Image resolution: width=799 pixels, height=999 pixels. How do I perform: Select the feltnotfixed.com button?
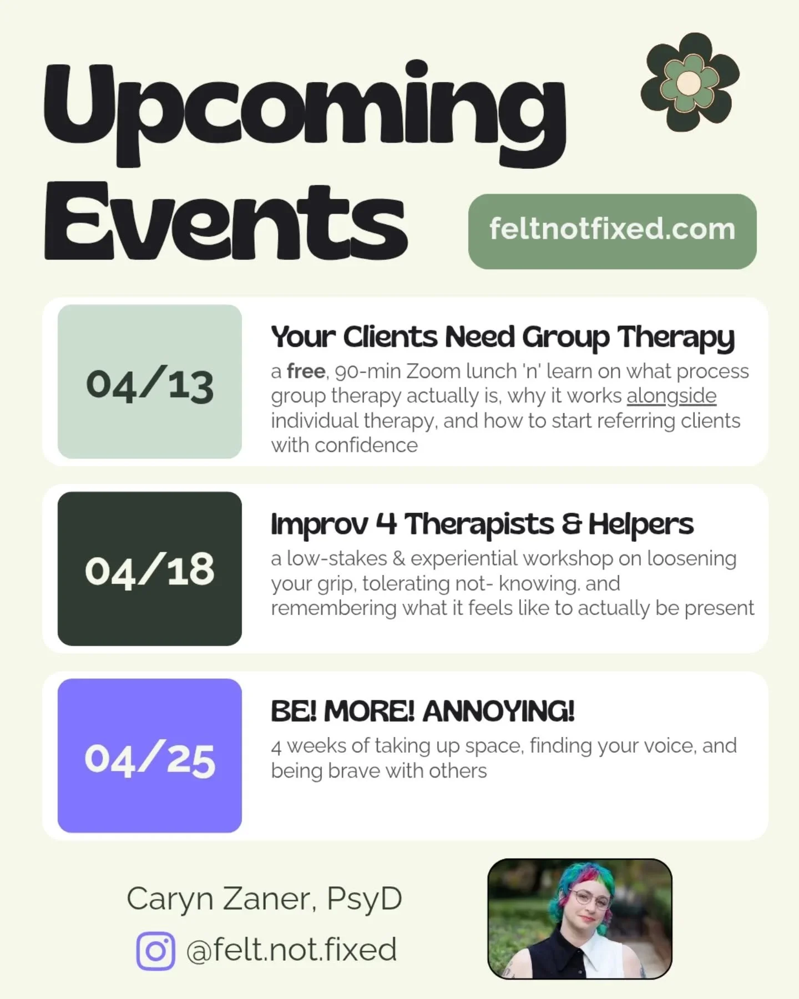pos(612,231)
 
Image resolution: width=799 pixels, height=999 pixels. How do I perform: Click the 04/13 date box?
pos(150,382)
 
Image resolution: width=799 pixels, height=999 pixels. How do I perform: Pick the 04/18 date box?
pos(150,569)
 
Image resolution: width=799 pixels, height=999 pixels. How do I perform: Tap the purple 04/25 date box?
pos(150,756)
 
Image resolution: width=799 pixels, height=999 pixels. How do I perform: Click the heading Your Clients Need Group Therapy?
pos(502,337)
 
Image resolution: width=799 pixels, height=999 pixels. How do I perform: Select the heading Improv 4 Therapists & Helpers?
pos(482,524)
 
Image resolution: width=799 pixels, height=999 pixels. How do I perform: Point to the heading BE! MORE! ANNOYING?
pos(422,711)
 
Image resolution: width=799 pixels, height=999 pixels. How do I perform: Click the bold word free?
pos(306,371)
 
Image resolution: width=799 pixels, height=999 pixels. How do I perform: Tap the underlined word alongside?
pos(671,396)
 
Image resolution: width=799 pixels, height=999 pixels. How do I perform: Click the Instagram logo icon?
pos(155,951)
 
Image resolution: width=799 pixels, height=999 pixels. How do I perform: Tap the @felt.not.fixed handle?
pos(291,950)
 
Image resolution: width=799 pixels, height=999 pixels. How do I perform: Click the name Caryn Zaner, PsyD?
pos(264,899)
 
